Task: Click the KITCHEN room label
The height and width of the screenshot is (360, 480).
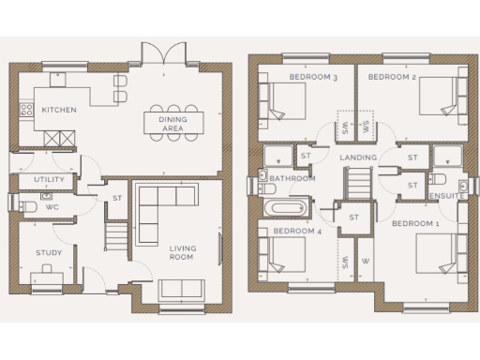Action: [59, 110]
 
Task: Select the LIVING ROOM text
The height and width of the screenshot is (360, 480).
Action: [181, 252]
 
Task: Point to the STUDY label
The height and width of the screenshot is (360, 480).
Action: [49, 252]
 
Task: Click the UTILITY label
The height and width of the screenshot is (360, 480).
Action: [49, 179]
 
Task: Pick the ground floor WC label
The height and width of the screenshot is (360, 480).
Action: [52, 205]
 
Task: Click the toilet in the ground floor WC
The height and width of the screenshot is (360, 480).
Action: [26, 205]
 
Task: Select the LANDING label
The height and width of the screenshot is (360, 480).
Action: [358, 157]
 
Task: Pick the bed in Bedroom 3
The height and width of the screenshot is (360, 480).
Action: [276, 100]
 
